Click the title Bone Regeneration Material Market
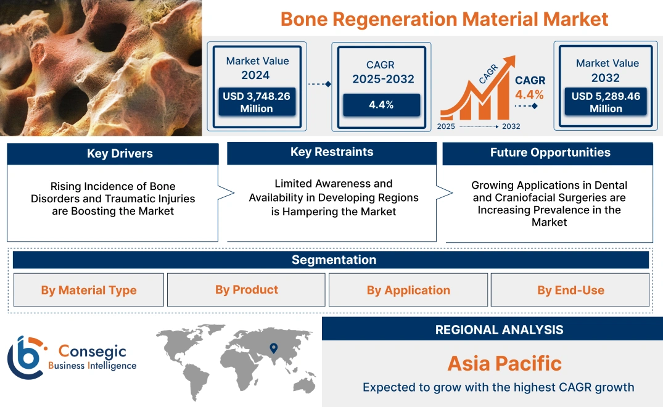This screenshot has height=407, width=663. [444, 18]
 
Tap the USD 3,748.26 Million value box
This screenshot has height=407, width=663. [257, 102]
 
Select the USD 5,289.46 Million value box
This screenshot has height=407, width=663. [606, 102]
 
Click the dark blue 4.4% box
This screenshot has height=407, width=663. [381, 104]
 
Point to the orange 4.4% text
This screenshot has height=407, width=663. [529, 94]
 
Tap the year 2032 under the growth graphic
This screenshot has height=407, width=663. [511, 126]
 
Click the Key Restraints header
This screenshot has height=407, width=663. [332, 152]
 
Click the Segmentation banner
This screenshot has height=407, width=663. [334, 260]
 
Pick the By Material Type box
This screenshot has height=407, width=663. [89, 290]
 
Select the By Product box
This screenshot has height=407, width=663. [246, 290]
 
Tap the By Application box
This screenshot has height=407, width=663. [408, 290]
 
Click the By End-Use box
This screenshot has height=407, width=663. [570, 290]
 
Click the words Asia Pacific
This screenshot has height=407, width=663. [504, 363]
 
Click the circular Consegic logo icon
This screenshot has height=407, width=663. [26, 357]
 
